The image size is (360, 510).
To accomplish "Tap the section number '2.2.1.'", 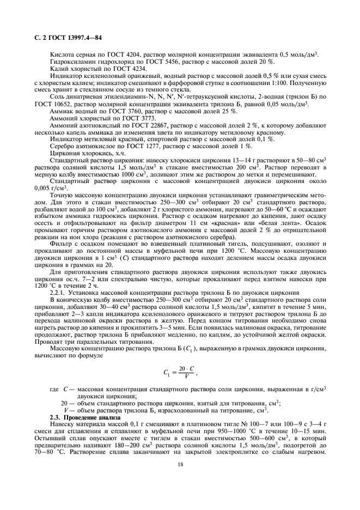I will pos(59,293).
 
